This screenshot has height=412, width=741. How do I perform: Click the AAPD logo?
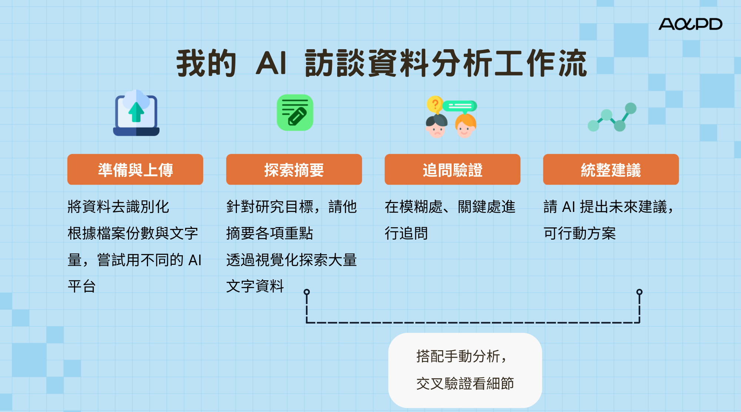pos(690,24)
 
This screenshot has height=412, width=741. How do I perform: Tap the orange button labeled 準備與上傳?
pos(135,170)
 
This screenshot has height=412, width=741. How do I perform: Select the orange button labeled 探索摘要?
pos(294,170)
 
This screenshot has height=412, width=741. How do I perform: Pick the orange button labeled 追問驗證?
pos(452,170)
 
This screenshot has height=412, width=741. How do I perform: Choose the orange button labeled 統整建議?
pos(611,170)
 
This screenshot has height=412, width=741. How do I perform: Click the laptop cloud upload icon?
pos(136,113)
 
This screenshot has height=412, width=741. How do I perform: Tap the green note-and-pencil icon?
pos(295,113)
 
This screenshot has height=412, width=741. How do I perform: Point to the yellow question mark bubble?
pos(435,104)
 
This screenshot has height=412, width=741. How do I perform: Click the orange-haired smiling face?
pos(465,126)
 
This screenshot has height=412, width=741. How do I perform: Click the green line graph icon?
pos(612,117)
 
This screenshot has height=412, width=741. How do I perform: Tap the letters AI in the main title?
pos(271,63)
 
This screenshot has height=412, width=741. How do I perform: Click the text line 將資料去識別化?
pos(118,207)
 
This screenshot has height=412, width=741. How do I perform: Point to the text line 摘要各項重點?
pos(269,233)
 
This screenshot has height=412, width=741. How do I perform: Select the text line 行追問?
pos(406,233)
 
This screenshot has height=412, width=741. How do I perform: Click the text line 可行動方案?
pos(579,233)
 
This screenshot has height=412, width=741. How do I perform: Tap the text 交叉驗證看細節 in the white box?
pos(465,384)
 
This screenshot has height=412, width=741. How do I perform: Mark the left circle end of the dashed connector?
pos(306,292)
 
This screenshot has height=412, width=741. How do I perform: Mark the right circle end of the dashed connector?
pos(639,292)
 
